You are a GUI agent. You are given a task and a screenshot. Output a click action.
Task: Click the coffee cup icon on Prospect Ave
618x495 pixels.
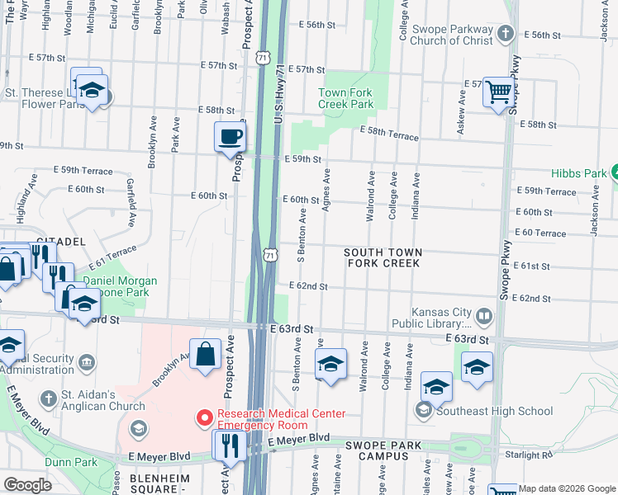pyautogui.click(x=230, y=136)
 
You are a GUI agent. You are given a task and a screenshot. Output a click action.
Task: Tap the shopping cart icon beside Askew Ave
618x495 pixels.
pyautogui.click(x=499, y=92)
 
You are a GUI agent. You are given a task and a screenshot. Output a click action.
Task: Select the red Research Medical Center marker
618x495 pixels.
pyautogui.click(x=203, y=419)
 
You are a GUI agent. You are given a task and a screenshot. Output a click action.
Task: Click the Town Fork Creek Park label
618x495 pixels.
pyautogui.click(x=346, y=99)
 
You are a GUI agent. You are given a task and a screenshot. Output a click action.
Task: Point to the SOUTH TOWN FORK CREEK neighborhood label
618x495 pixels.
pyautogui.click(x=383, y=257)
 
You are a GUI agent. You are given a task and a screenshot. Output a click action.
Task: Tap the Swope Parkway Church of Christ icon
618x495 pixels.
pyautogui.click(x=508, y=34)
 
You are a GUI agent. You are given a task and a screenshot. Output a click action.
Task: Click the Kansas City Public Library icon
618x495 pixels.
pyautogui.click(x=484, y=314)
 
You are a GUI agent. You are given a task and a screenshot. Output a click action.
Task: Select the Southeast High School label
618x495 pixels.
pyautogui.click(x=496, y=411)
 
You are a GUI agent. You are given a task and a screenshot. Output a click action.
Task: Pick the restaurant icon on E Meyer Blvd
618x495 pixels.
pyautogui.click(x=228, y=445)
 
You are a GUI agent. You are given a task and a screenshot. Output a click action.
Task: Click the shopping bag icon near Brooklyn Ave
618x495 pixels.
pyautogui.click(x=205, y=355)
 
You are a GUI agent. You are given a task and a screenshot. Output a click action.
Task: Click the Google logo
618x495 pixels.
pyautogui.click(x=27, y=485)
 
